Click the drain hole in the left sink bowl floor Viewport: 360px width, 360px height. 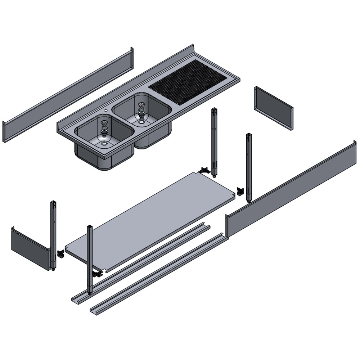(104, 144)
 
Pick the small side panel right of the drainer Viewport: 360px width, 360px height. (274, 108)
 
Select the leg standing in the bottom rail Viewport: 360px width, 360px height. (89, 259)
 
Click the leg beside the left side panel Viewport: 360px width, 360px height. (53, 234)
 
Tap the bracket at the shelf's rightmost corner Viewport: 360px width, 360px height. (240, 192)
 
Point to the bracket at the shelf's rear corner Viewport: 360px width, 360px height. (205, 170)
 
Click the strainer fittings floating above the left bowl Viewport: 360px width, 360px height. (104, 128)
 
